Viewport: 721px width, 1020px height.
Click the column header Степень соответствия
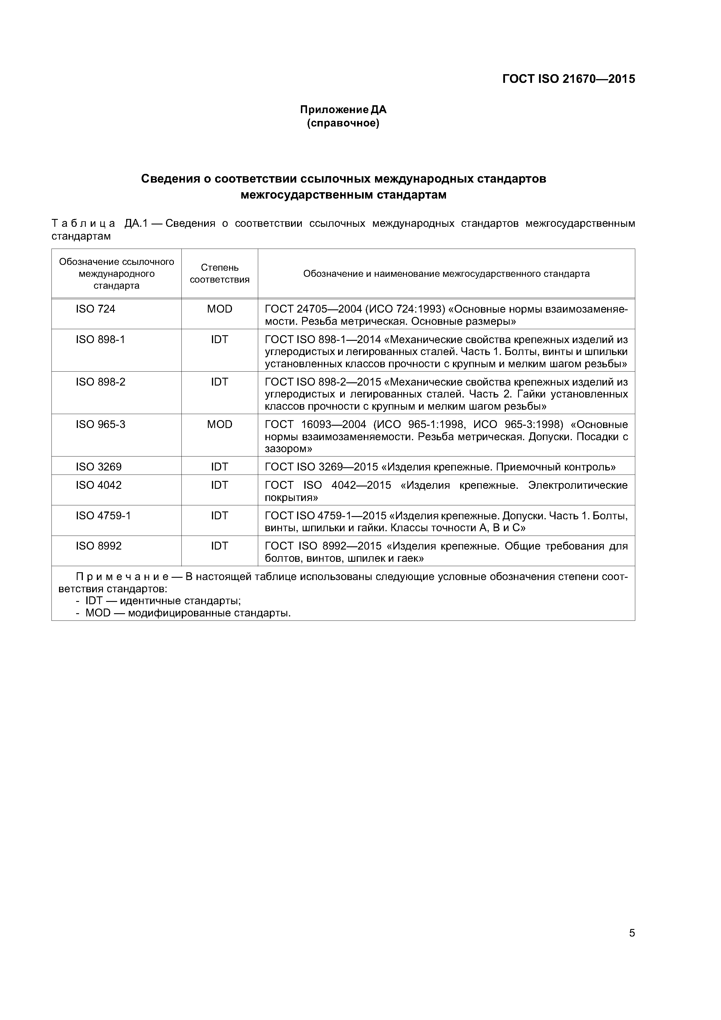pyautogui.click(x=219, y=273)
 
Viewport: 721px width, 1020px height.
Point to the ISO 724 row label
pyautogui.click(x=96, y=309)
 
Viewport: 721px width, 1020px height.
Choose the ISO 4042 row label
pyautogui.click(x=99, y=485)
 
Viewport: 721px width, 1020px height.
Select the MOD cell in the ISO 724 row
pyautogui.click(x=219, y=309)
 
